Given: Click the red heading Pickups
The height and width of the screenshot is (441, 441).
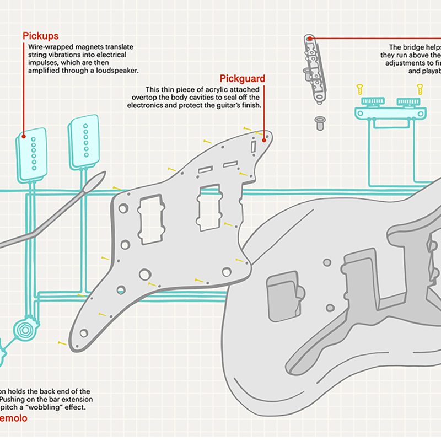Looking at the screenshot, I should [x=40, y=36].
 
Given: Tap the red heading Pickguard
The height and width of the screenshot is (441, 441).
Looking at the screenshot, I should [x=242, y=79].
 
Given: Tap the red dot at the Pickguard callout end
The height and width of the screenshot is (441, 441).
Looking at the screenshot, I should [x=265, y=139].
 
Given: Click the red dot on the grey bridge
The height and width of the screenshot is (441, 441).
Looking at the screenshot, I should [x=310, y=39].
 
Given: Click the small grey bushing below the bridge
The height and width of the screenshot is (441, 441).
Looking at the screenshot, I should [x=319, y=122].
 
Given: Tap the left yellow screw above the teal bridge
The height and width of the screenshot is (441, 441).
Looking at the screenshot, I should [x=359, y=88].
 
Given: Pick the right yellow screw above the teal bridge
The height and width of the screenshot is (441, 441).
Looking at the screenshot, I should [x=420, y=88].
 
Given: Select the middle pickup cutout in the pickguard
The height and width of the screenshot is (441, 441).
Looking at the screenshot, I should [x=209, y=208].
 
